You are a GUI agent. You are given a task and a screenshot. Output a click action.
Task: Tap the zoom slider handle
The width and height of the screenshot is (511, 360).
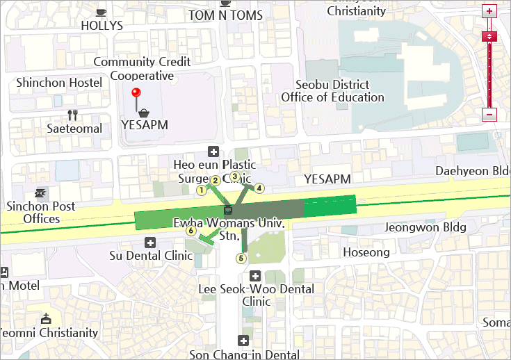(489, 36)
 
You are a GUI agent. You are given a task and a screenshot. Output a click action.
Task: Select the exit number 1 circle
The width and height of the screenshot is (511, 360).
(202, 189)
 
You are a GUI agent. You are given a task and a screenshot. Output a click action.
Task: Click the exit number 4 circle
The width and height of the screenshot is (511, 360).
(259, 188)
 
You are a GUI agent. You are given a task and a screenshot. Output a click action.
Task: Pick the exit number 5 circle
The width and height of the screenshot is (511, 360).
(241, 259)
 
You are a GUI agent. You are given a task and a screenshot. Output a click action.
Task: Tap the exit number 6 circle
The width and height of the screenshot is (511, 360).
(190, 231)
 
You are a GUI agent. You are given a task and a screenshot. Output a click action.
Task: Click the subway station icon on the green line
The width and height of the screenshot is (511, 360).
(228, 209)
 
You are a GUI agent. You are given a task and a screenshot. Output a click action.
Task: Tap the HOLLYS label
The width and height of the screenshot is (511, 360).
(102, 26)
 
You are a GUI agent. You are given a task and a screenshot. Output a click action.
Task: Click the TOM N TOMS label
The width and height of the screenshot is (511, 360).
(225, 15)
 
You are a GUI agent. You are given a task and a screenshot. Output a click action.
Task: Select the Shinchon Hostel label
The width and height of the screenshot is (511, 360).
(59, 83)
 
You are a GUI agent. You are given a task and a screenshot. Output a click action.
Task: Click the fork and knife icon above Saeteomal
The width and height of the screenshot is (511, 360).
(72, 115)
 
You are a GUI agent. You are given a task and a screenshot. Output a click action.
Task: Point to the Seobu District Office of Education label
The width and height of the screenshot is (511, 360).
(332, 91)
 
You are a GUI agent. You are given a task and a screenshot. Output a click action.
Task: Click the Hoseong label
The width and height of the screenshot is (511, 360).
(366, 252)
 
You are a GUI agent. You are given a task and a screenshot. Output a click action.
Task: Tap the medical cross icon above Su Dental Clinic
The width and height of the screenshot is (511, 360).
(149, 242)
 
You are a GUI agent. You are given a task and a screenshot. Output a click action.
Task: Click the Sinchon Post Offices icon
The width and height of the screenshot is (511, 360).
(41, 193)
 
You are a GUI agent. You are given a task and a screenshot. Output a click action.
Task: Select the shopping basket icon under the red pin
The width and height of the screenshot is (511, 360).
(143, 113)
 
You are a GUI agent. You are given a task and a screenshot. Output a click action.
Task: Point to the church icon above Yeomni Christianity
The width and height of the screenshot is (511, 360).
(46, 319)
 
